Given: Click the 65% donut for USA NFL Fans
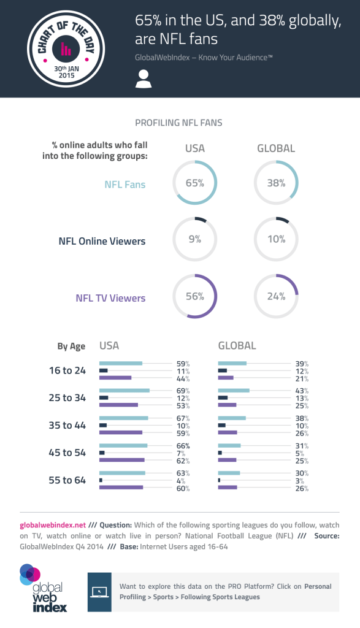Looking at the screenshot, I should pos(195,183).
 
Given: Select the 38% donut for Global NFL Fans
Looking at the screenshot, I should pos(276,183).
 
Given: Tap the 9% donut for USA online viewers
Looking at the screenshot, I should pos(195,239).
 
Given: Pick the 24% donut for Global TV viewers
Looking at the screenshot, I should pos(276,296).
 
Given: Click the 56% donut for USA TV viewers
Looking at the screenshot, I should pos(195,296).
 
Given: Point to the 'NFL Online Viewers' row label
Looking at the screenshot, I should pos(102,241).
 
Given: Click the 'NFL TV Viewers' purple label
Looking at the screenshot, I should pos(110,298).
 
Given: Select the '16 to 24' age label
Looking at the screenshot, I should pos(67,370).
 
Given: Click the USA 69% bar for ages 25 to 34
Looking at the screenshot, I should pos(124,390).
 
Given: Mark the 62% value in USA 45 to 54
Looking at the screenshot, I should pos(183,461).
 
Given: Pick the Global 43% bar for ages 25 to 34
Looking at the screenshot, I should pos(234,390).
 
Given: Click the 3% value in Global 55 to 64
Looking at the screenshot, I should pos(301,480).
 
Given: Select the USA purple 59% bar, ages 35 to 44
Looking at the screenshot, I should pos(121,432).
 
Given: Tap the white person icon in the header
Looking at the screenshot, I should pos(144,78).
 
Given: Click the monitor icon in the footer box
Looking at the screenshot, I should pos(99,592).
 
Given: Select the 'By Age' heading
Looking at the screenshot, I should pos(71,347).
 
